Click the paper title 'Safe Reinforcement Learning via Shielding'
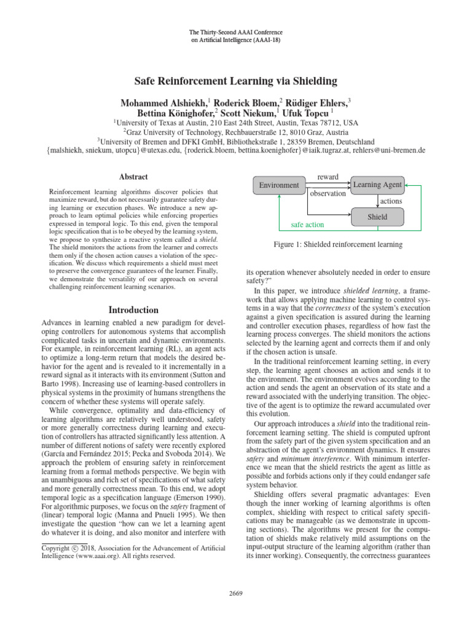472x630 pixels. point(236,82)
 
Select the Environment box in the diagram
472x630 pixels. point(278,185)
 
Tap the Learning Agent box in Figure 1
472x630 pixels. point(377,185)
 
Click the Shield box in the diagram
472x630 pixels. point(377,217)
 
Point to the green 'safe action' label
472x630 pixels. point(307,225)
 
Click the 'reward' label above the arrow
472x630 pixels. point(327,177)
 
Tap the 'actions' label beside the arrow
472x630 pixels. point(391,201)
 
